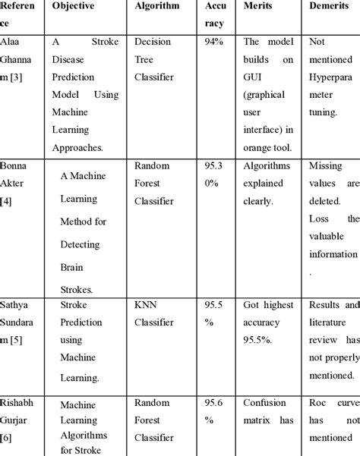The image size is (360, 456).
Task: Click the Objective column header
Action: click(73, 6)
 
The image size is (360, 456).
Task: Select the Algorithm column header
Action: click(156, 6)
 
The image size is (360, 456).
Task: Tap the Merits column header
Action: click(257, 6)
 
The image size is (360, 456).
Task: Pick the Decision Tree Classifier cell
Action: click(154, 59)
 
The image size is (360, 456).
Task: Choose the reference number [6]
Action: click(8, 438)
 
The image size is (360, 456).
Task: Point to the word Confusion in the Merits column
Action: click(265, 404)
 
